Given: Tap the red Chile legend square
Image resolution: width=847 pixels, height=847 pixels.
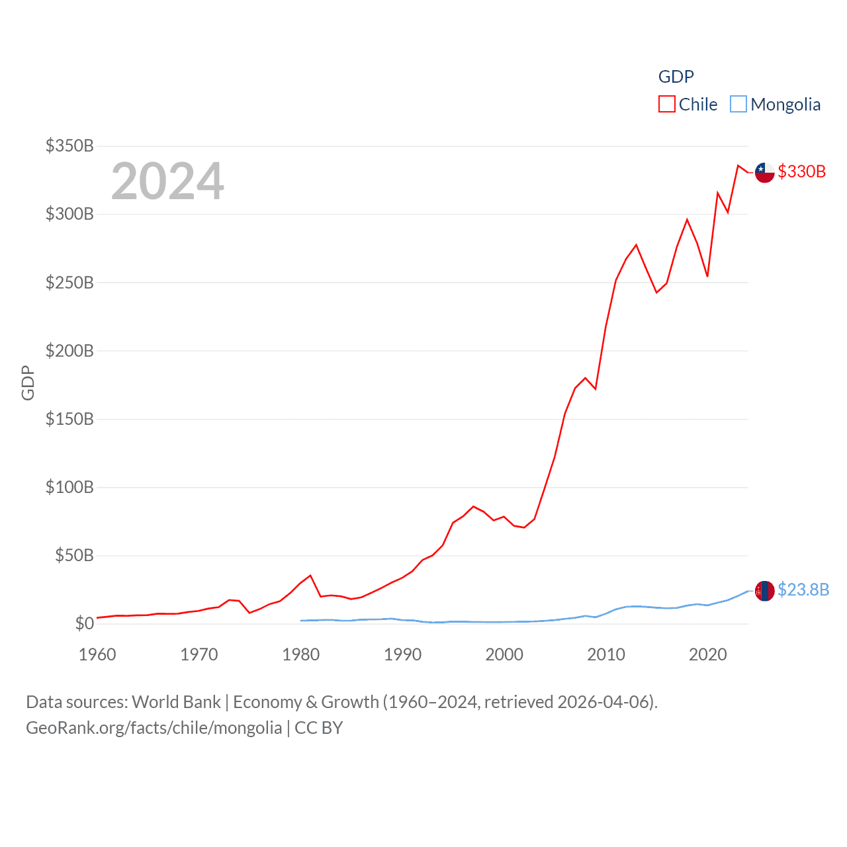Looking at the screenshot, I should [x=667, y=105].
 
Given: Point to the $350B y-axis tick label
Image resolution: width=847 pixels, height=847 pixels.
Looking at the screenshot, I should [x=69, y=146].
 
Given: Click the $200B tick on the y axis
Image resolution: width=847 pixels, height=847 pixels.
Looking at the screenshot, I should [x=69, y=351].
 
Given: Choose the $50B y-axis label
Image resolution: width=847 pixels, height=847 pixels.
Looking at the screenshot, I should [x=74, y=555].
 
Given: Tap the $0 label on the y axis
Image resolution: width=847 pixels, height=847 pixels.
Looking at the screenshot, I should [x=84, y=623].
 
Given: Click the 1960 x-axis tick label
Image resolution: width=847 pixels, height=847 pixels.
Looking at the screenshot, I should [x=97, y=654].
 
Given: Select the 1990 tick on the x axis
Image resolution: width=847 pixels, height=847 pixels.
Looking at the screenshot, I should [x=402, y=654].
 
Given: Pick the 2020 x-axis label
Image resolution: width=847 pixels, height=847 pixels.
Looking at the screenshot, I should [x=707, y=654].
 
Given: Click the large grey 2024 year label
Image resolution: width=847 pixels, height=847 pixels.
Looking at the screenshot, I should [x=167, y=181].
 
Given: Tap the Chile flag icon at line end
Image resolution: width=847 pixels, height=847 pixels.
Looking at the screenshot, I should [x=764, y=172].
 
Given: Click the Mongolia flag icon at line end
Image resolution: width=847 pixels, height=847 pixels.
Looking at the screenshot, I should [x=764, y=590].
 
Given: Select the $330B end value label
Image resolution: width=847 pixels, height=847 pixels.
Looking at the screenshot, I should [x=801, y=171].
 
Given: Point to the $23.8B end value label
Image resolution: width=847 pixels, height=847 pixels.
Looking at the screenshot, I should [x=803, y=590].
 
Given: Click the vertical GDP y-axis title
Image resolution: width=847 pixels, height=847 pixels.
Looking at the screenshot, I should [x=28, y=382].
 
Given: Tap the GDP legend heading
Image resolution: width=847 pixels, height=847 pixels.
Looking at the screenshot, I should [x=676, y=77].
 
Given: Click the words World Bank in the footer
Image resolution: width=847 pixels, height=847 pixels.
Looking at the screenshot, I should [x=176, y=702].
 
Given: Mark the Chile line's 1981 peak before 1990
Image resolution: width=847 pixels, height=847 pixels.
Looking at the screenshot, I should [x=310, y=576].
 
